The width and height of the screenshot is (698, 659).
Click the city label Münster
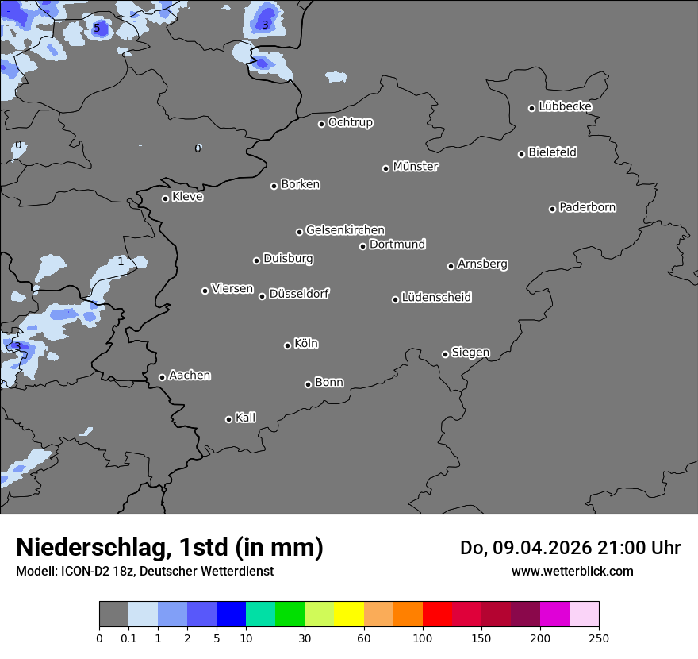pos(416,167)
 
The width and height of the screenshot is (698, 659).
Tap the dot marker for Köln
pos(287,345)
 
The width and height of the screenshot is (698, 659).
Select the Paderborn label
pos(587,207)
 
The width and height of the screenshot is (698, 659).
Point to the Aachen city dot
pos(162,377)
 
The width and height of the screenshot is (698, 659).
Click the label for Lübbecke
pos(565,106)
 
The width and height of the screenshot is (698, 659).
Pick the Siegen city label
pos(470,353)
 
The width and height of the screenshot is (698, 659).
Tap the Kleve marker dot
pos(165,198)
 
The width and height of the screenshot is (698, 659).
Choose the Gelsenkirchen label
pos(345,230)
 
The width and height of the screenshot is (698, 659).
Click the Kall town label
pos(245,418)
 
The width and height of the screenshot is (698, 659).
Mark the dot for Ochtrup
pos(321,124)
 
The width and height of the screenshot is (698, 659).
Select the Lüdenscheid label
pos(436,298)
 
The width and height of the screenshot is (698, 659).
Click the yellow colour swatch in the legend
pos(349,615)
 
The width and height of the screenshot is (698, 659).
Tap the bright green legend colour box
pos(290,615)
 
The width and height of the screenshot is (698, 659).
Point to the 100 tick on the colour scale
pos(423,638)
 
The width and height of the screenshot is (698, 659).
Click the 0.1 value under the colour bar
pos(128,638)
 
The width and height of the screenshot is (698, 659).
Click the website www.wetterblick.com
pos(572,571)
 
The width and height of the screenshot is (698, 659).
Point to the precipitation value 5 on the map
pos(97,29)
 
